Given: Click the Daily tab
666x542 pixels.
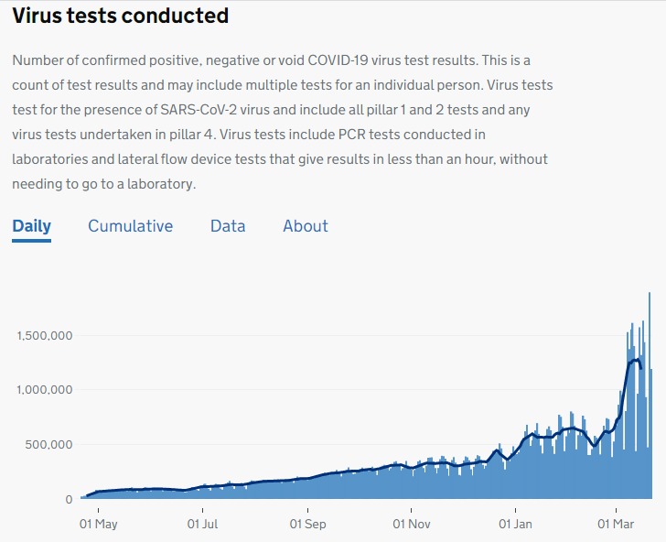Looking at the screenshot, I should click(x=32, y=226).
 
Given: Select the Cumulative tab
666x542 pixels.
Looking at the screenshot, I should click(x=130, y=226).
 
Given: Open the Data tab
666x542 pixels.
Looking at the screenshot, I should click(x=228, y=226).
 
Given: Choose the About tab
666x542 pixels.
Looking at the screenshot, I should click(x=306, y=226).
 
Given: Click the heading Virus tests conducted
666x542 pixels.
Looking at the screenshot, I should click(x=120, y=16).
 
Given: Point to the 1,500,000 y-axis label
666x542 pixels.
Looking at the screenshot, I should click(x=45, y=336).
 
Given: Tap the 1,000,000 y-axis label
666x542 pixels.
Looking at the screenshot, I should click(x=45, y=390).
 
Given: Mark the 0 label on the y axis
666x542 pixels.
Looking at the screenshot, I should click(x=69, y=500).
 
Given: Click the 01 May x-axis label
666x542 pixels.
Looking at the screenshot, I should click(x=99, y=526).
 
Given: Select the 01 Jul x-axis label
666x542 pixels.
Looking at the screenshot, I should click(x=203, y=526).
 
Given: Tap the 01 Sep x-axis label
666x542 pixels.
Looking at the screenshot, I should click(x=308, y=526).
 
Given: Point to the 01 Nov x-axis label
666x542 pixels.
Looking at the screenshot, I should click(x=412, y=526).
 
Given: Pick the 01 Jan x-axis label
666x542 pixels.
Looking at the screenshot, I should click(x=516, y=526).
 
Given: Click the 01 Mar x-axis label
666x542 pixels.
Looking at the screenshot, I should click(x=616, y=526).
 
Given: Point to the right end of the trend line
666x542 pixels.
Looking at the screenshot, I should click(x=641, y=368).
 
